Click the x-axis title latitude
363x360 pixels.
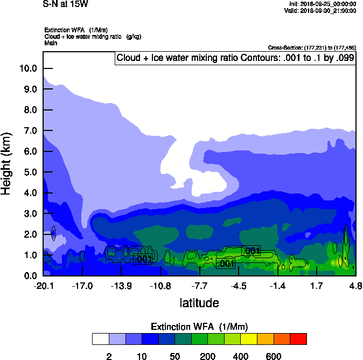(x=199, y=303)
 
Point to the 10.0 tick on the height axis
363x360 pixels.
(x=27, y=68)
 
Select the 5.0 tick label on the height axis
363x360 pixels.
(x=30, y=172)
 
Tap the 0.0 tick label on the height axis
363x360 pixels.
(x=30, y=276)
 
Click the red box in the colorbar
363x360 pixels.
(x=298, y=338)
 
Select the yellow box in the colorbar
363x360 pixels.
(x=249, y=338)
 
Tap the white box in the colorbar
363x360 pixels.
(x=100, y=338)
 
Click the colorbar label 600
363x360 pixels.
(x=273, y=356)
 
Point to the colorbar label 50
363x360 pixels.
(x=174, y=356)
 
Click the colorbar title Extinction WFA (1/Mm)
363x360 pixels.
(x=199, y=327)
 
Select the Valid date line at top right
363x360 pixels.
(x=320, y=10)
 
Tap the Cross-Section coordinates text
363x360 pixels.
(x=311, y=48)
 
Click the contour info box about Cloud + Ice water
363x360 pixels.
(x=235, y=58)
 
